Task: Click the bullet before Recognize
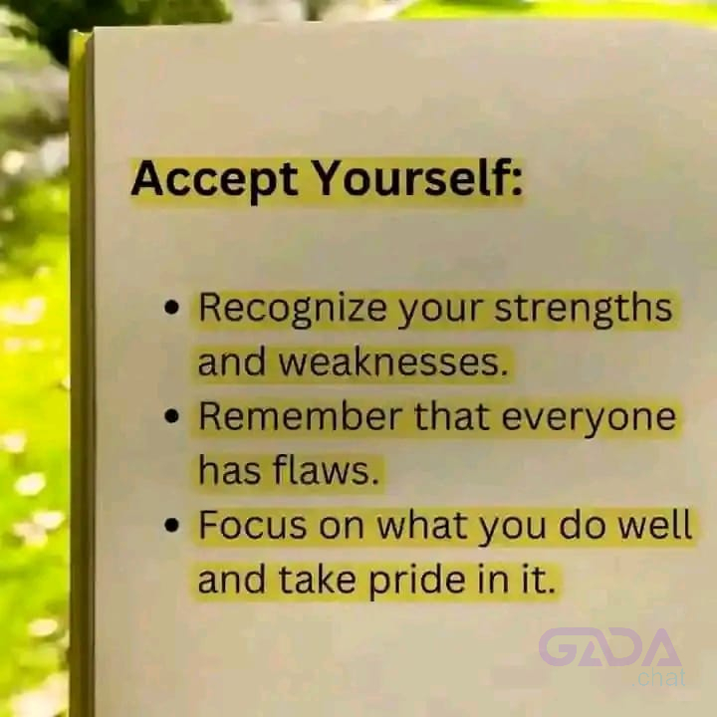click(171, 307)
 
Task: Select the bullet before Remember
click(171, 416)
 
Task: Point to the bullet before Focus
click(171, 526)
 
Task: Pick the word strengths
click(583, 308)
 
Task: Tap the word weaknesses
click(393, 362)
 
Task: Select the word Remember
click(301, 416)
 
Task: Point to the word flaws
click(326, 470)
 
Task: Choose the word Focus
click(253, 526)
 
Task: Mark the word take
click(317, 580)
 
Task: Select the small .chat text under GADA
click(659, 678)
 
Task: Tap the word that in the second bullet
click(452, 416)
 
